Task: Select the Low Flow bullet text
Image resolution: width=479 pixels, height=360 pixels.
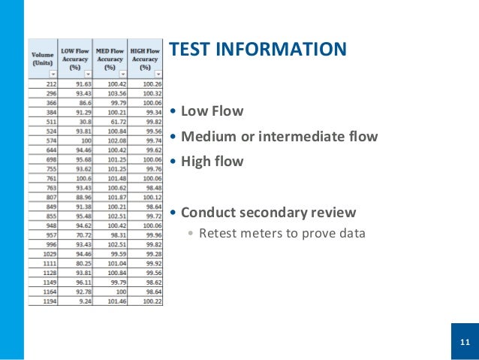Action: [x=212, y=111]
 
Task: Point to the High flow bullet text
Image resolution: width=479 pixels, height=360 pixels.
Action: [x=212, y=161]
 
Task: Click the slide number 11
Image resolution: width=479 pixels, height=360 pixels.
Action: [x=464, y=343]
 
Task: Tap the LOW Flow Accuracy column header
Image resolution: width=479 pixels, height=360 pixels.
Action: [x=75, y=58]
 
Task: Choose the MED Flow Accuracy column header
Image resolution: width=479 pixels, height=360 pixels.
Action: [x=110, y=58]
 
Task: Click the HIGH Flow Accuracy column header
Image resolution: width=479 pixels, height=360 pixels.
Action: [x=145, y=58]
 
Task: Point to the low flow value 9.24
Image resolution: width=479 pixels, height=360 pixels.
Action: [x=82, y=301]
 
